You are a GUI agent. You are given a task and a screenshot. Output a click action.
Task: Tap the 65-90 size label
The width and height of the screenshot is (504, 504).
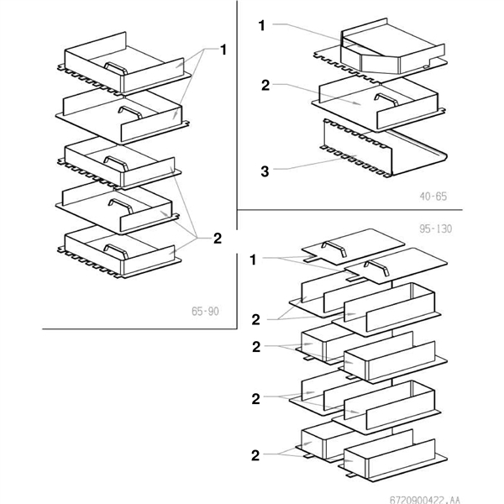point(204,312)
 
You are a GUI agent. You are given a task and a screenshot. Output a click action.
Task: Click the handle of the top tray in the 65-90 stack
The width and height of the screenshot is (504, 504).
point(113,66)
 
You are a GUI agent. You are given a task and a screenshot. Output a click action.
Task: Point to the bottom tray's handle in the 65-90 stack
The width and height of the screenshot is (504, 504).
point(115,246)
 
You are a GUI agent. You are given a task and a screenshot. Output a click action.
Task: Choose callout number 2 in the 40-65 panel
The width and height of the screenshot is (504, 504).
point(265,85)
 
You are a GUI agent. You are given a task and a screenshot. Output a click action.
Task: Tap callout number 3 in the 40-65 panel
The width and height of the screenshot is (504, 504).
point(265,171)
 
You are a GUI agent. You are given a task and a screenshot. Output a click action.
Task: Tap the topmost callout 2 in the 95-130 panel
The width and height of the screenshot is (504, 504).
point(255,318)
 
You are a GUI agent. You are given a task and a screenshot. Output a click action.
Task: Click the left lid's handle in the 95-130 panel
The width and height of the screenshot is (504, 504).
point(333,246)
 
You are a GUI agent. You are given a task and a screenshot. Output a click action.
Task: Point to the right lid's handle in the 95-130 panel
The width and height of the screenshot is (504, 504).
point(374,267)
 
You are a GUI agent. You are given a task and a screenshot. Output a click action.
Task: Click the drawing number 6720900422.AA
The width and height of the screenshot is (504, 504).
point(451,497)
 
